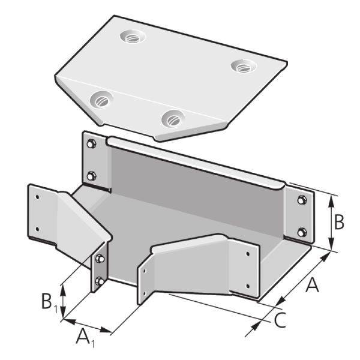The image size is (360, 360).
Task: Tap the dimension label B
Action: [x=338, y=222]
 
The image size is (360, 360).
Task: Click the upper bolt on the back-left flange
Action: [x=91, y=144]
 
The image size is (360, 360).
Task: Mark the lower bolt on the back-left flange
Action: [x=91, y=175]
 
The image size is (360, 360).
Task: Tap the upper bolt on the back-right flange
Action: [x=301, y=199]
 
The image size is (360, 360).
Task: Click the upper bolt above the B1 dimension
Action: [x=100, y=259]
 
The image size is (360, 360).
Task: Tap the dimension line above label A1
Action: [x=88, y=324]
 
